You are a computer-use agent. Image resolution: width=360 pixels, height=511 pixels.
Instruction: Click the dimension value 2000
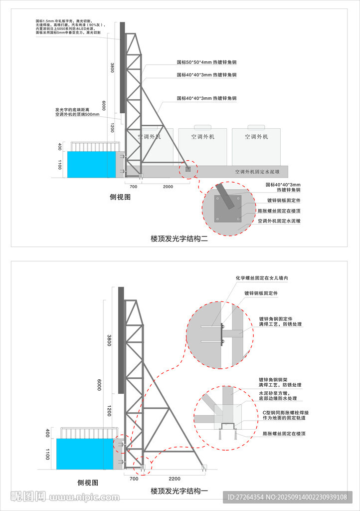tap(168, 186)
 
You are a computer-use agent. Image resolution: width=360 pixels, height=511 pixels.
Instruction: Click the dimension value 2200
tap(175, 478)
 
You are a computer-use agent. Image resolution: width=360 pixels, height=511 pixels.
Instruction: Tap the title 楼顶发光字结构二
tap(179, 239)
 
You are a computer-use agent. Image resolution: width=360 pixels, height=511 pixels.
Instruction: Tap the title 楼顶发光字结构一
tap(179, 491)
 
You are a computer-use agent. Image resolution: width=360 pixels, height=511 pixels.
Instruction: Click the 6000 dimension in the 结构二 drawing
tap(104, 106)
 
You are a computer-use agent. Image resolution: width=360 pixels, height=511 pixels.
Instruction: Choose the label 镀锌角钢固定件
tap(275, 318)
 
